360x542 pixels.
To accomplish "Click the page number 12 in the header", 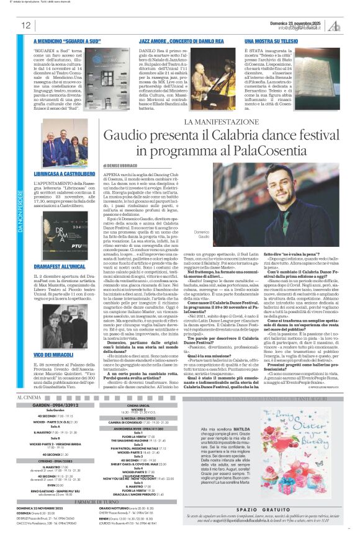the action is click(x=26, y=25).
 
